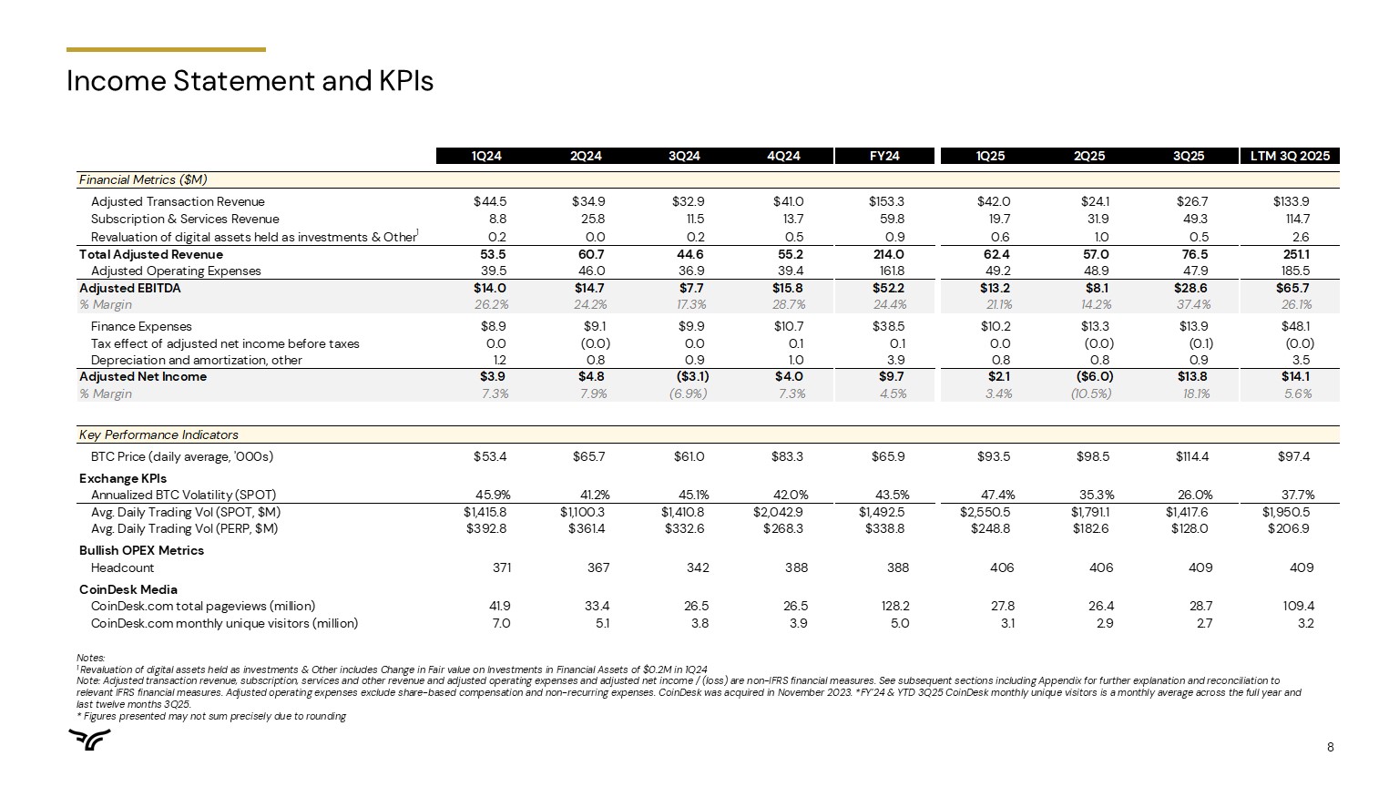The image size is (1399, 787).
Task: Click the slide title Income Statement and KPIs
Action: point(250,82)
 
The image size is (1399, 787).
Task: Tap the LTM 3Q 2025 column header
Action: point(1290,156)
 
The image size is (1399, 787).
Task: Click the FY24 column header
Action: point(884,156)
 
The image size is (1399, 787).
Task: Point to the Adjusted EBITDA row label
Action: point(130,288)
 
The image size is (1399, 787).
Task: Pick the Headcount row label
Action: point(122,567)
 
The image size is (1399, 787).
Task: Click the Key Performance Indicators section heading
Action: point(158,434)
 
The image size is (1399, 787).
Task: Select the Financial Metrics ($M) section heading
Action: point(143,179)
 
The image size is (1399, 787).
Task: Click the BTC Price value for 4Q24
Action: point(789,456)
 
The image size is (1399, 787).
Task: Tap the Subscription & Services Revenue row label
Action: point(185,219)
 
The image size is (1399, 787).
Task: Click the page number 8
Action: point(1330,748)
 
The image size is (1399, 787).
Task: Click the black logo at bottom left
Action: point(91,741)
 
